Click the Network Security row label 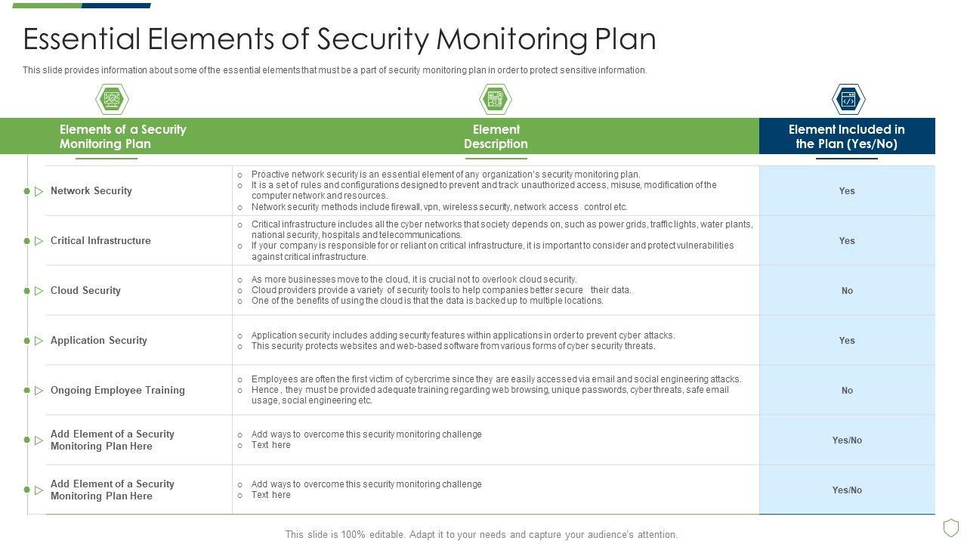pos(91,191)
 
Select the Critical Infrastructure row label pos(100,241)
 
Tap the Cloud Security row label pos(85,291)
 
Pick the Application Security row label pos(98,341)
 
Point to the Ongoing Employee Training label pos(117,391)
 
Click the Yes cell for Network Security pos(846,191)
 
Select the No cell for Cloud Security pos(846,291)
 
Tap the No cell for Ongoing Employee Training pos(846,391)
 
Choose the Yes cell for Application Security pos(846,341)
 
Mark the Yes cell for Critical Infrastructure pos(846,241)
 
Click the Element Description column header pos(496,137)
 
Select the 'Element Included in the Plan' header pos(846,137)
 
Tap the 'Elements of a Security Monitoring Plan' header pos(122,137)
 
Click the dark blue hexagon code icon pos(848,99)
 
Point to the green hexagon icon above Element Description pos(496,99)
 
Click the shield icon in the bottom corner pos(951,527)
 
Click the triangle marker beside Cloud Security pos(39,291)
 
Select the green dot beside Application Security pos(27,341)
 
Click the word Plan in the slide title pos(624,39)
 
